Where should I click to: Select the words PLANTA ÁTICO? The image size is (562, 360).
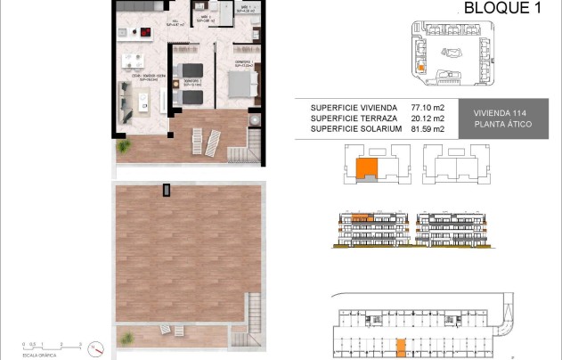504,124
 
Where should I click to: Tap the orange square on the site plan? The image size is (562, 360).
422,65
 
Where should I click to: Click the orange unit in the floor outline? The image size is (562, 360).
365,168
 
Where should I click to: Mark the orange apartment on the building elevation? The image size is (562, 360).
360,217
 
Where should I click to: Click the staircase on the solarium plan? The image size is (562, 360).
241,340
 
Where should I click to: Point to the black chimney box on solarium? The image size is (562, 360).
167,189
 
